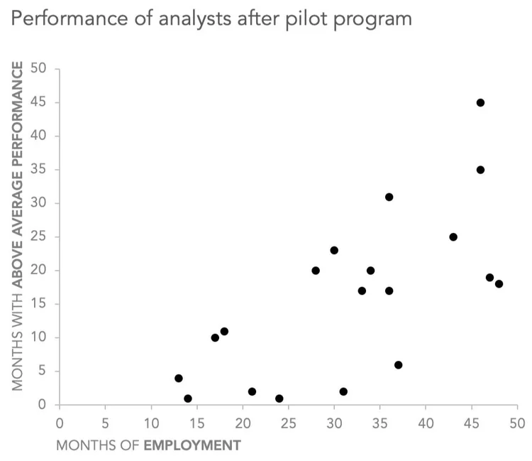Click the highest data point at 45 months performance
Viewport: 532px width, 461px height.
pos(480,102)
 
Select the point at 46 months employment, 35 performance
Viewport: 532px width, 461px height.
pos(480,170)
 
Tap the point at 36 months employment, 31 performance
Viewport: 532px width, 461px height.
pos(389,197)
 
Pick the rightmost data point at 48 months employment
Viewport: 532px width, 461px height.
pos(499,284)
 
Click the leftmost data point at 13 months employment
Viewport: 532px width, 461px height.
pos(179,379)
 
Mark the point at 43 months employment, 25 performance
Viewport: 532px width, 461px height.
pos(453,237)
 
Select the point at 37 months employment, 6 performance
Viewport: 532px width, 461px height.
pos(398,365)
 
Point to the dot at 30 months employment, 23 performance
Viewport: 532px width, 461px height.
pos(334,250)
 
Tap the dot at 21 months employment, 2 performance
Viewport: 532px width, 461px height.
pos(252,391)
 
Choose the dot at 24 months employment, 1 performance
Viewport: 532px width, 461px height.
pos(279,398)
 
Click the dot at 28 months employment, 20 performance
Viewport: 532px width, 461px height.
pos(316,271)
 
